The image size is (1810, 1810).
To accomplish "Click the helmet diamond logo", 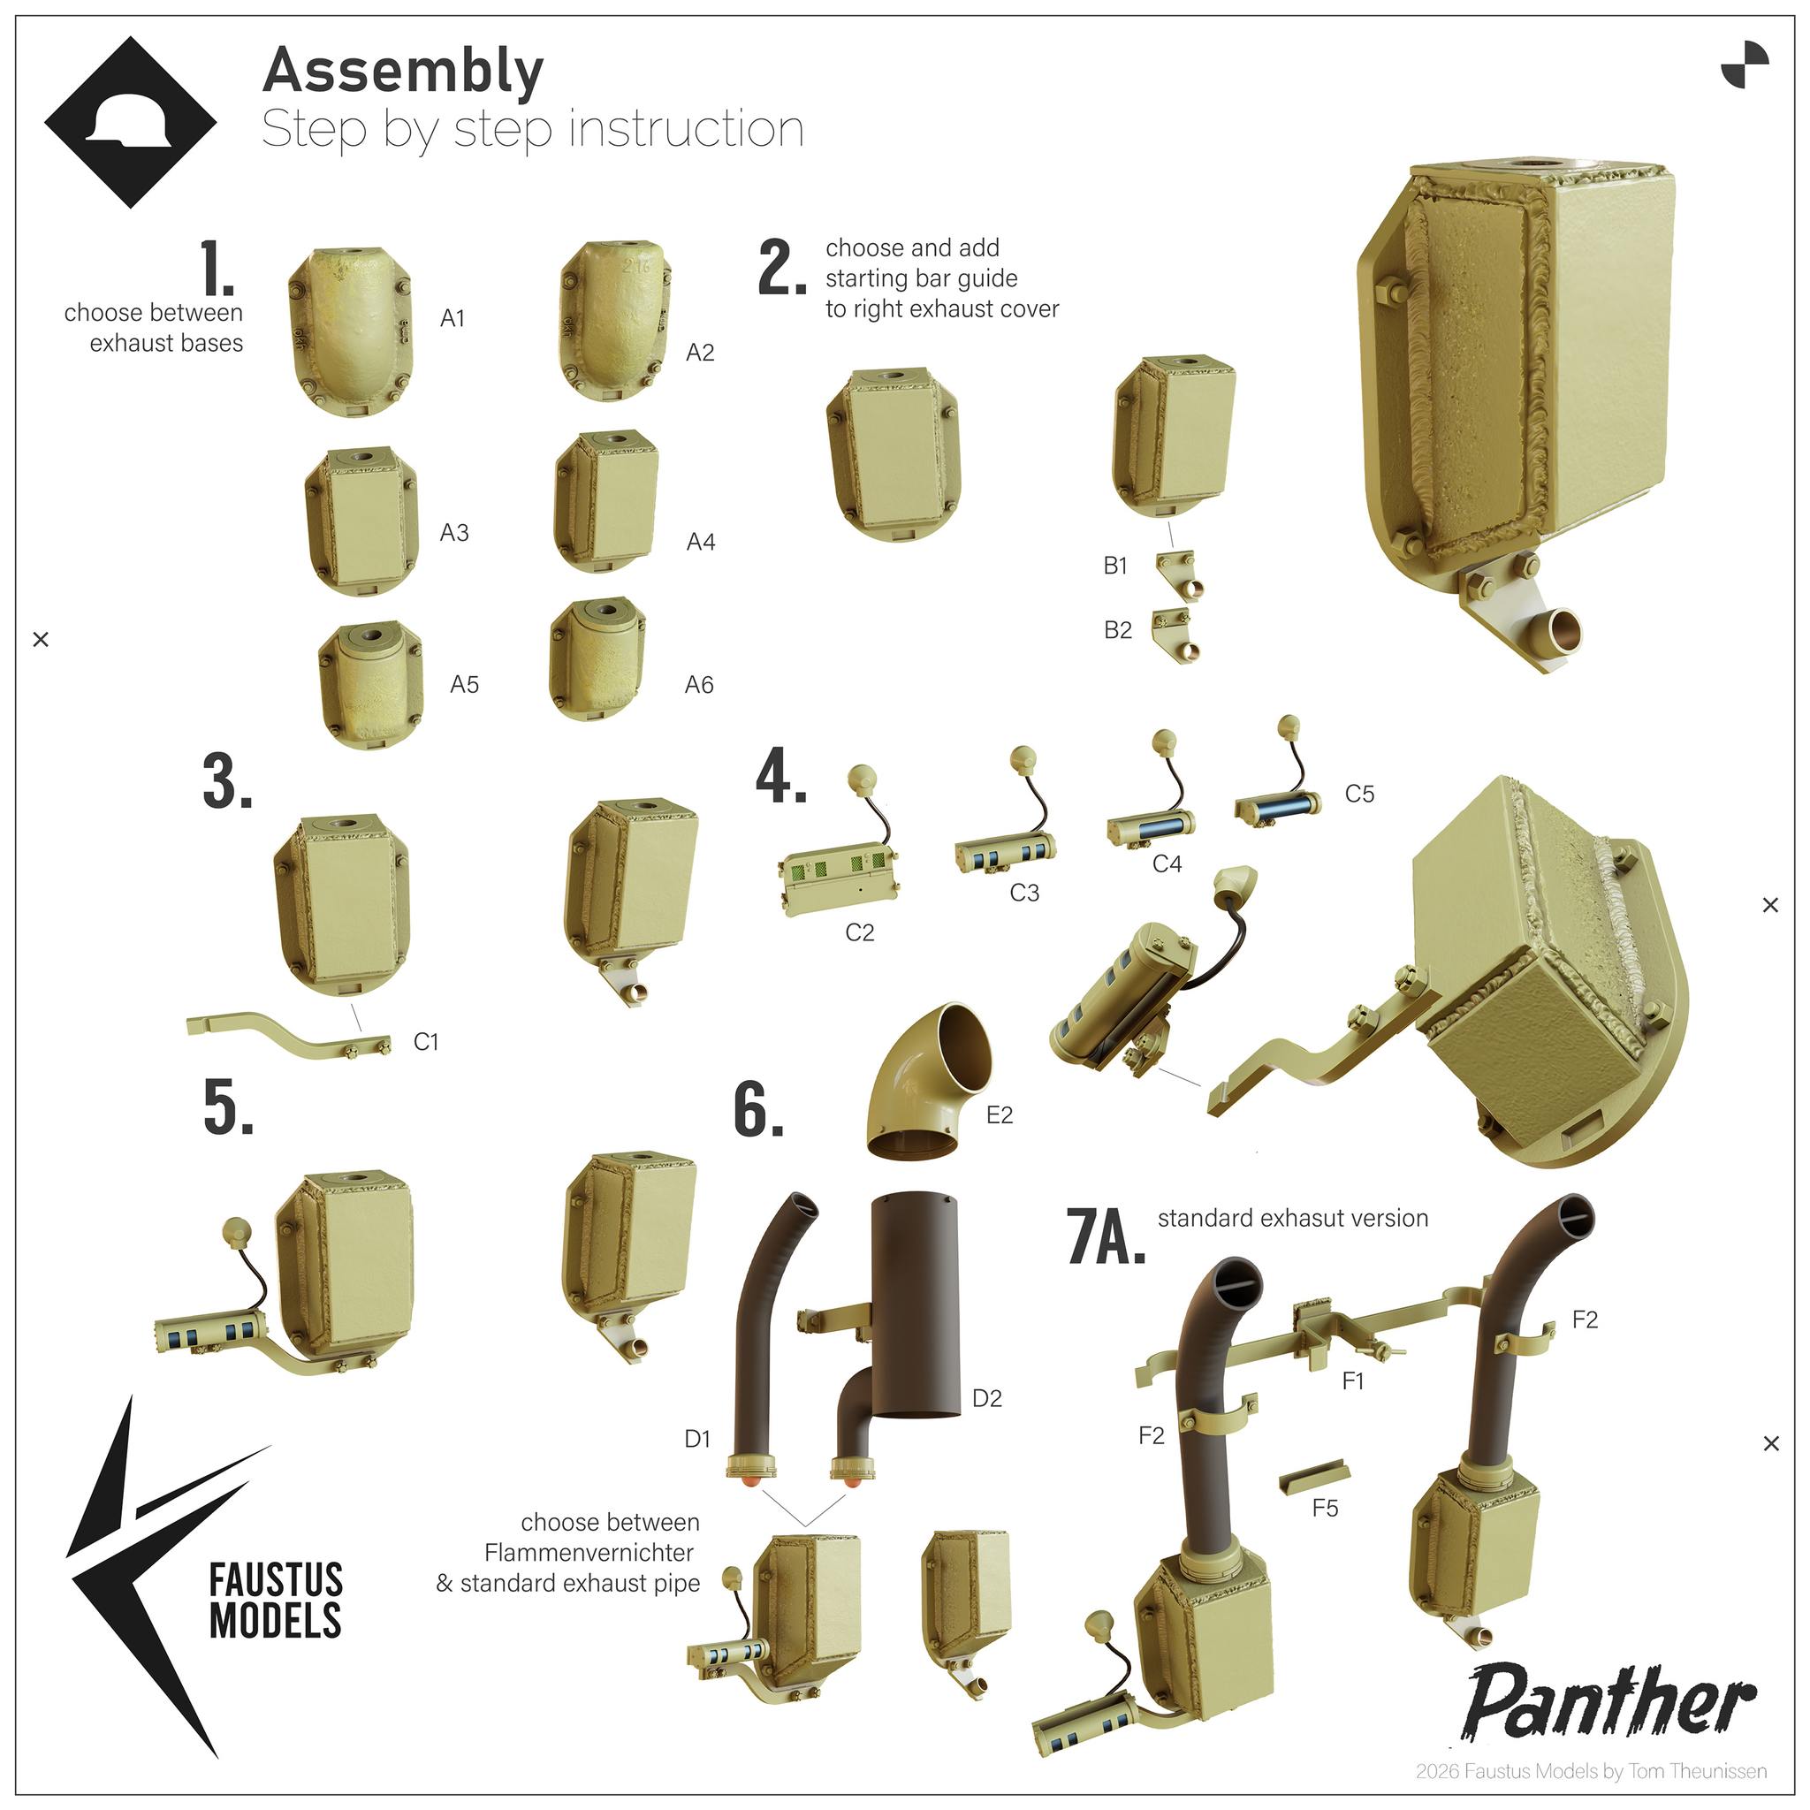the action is (x=130, y=122).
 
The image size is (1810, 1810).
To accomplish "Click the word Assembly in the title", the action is (x=403, y=72).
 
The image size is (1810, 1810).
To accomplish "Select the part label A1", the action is (x=452, y=318).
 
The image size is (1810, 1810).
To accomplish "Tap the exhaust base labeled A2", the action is (x=614, y=322).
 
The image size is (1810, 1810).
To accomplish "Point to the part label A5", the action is (x=465, y=685).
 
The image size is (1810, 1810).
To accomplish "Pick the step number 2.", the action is (x=782, y=268).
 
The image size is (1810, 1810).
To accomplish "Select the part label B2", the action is (x=1118, y=630).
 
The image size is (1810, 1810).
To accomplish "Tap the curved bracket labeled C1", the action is (x=288, y=1034).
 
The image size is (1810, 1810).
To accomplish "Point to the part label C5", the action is (x=1359, y=794).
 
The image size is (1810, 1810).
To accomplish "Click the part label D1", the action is (x=697, y=1439).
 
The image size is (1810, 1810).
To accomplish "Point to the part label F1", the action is (x=1353, y=1381).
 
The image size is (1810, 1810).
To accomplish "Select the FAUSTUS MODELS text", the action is (x=276, y=1601).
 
